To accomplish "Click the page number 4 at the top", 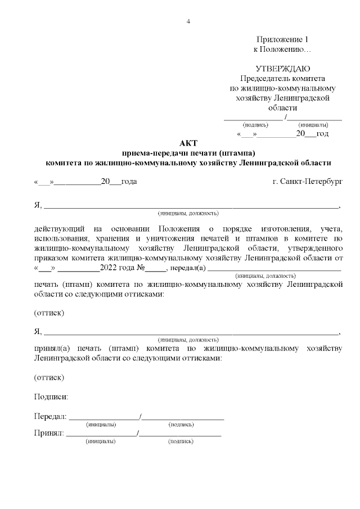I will click(x=188, y=21).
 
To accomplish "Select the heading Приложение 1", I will click(x=283, y=39).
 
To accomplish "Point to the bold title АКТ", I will click(x=188, y=143).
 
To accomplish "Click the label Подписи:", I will click(x=51, y=397).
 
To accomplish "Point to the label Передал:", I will click(x=50, y=417).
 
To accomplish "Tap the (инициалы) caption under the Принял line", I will click(x=101, y=442).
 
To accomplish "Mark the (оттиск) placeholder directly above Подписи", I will click(x=49, y=377).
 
